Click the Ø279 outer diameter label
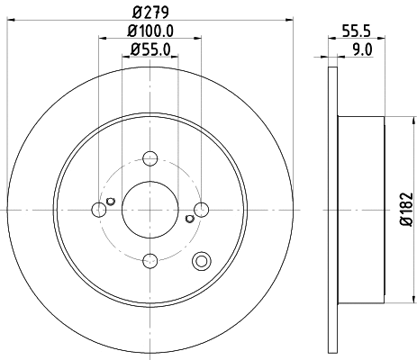coord(150,12)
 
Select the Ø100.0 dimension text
coord(150,31)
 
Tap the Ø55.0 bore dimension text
coord(150,49)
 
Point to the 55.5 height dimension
coord(357,31)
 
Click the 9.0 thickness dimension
coord(362,49)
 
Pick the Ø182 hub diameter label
coord(406,210)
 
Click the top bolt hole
coord(150,158)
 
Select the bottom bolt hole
coord(150,261)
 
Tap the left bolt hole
coord(99,210)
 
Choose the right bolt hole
coord(201,210)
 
